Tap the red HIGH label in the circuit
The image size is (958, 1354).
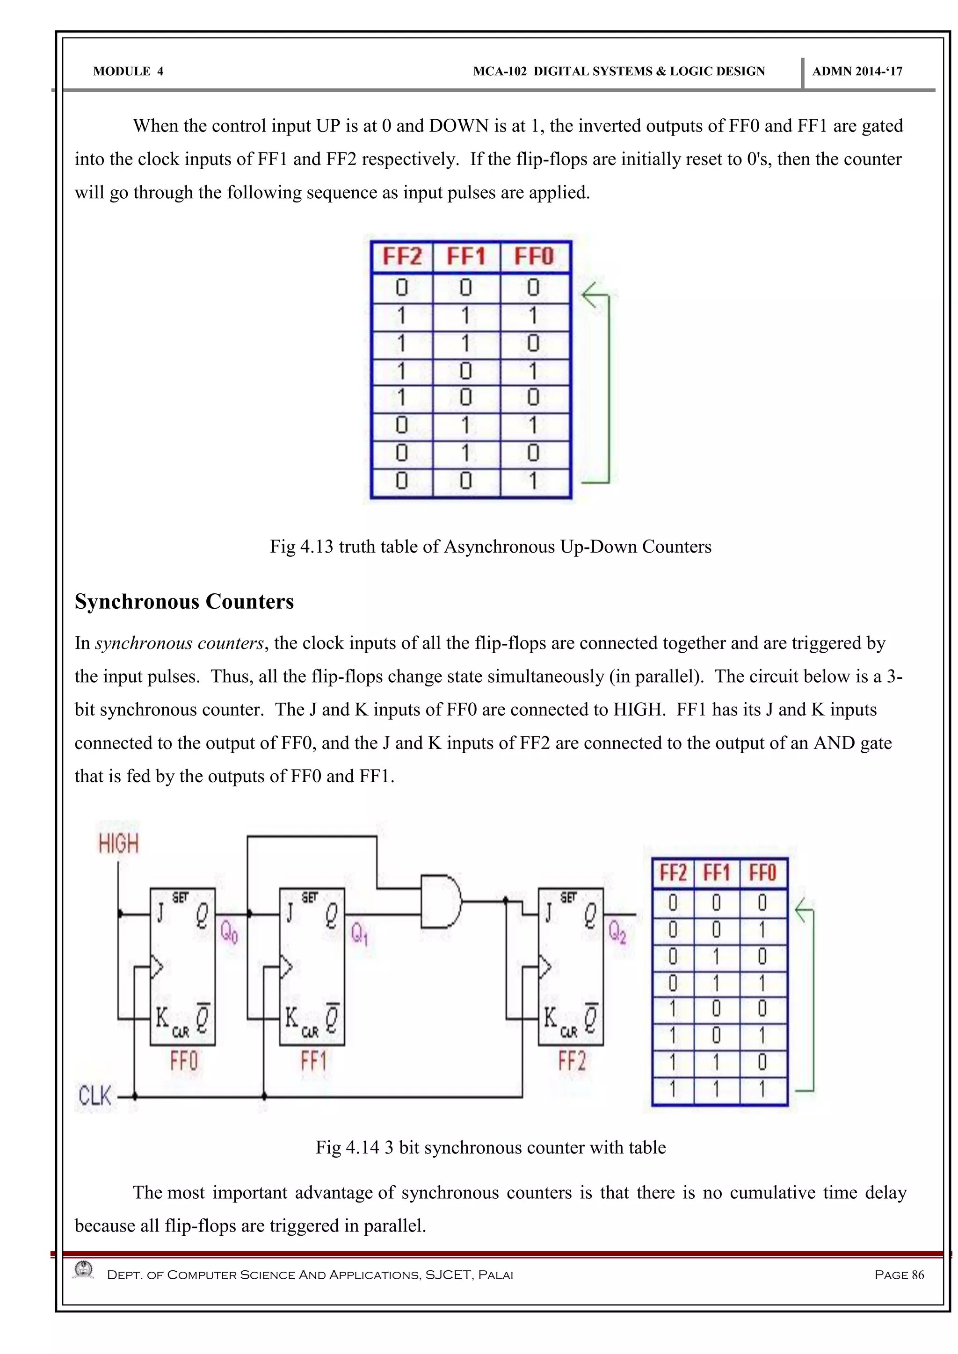pyautogui.click(x=118, y=844)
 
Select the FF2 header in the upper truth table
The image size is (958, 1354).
pyautogui.click(x=402, y=257)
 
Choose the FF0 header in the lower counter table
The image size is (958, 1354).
pyautogui.click(x=762, y=872)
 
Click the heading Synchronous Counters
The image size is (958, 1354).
pyautogui.click(x=184, y=602)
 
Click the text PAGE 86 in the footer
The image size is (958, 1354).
pyautogui.click(x=899, y=1275)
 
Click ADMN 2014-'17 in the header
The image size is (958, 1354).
pyautogui.click(x=857, y=72)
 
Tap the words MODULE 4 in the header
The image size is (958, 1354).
pyautogui.click(x=128, y=72)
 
